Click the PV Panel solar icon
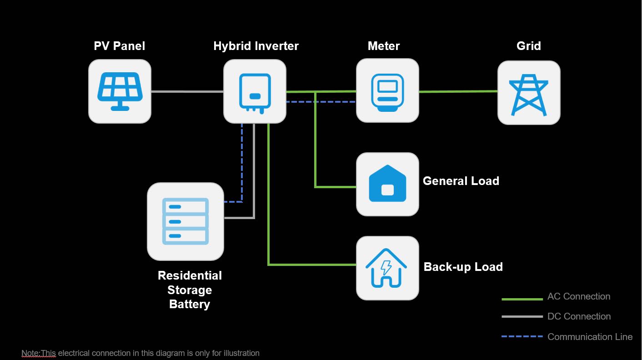coord(120,91)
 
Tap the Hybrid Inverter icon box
coord(255,91)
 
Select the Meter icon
coord(387,90)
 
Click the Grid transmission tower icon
coord(529,93)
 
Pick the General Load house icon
coord(387,184)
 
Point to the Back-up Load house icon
coord(387,268)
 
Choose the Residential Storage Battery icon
coord(186,221)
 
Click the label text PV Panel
coord(120,46)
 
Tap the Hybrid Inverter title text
coord(256,46)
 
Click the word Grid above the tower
coord(529,46)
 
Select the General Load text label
coord(461,181)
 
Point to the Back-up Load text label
coord(463,267)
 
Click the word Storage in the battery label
coord(190,290)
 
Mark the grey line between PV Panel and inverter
coord(187,92)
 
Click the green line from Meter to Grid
coord(458,91)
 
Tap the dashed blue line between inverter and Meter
coord(336,102)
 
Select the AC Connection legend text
coord(579,296)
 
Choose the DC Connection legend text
coord(579,316)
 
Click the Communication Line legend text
coord(590,337)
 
